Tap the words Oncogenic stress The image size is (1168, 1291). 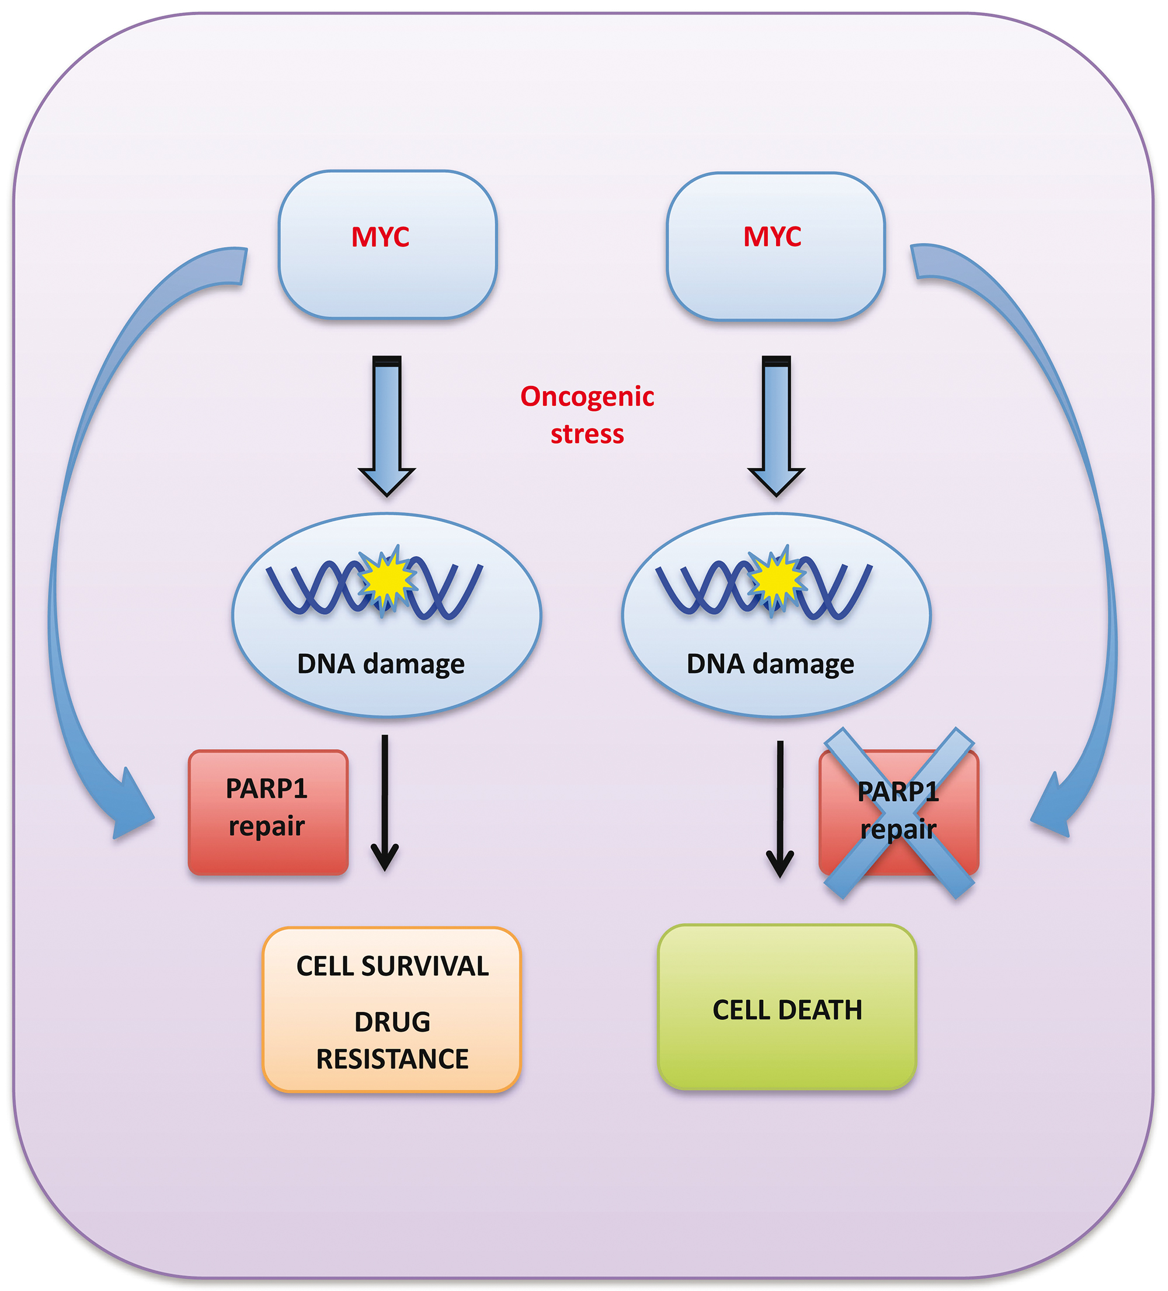[587, 415]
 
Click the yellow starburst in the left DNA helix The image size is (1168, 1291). [386, 580]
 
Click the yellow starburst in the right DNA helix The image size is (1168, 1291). [776, 580]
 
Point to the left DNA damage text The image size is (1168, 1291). [380, 664]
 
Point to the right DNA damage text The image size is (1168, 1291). [770, 664]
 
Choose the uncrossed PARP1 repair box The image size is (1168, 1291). [267, 812]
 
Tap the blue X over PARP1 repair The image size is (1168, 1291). [899, 812]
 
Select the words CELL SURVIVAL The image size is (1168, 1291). [392, 966]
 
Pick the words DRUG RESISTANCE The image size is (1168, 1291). [392, 1041]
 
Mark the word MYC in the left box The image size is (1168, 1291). [380, 237]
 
